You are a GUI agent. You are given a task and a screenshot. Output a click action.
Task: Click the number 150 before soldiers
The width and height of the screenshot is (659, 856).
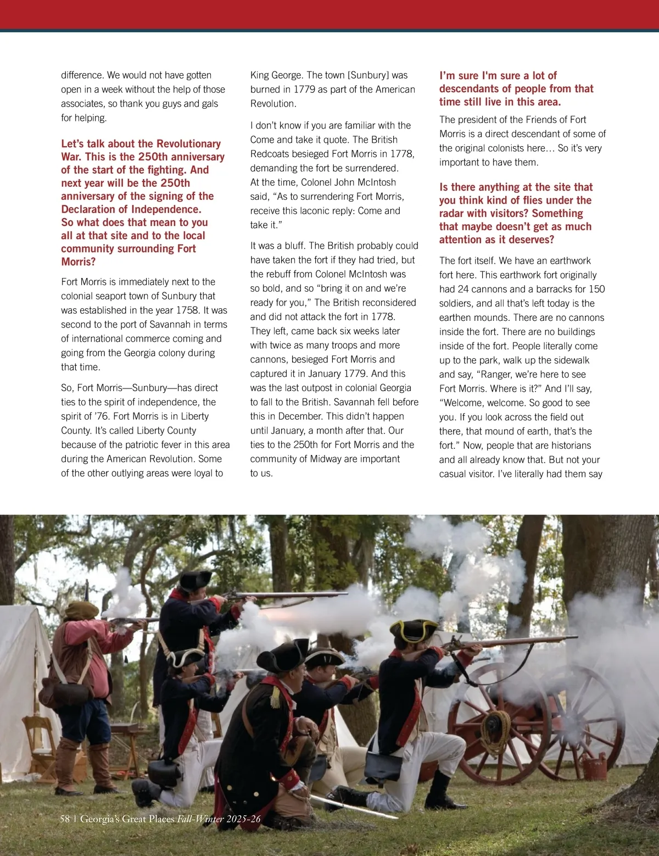point(596,290)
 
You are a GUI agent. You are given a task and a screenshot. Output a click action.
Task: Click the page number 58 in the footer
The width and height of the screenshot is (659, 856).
point(65,819)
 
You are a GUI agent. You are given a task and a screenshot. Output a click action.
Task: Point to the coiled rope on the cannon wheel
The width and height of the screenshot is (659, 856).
point(496,725)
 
